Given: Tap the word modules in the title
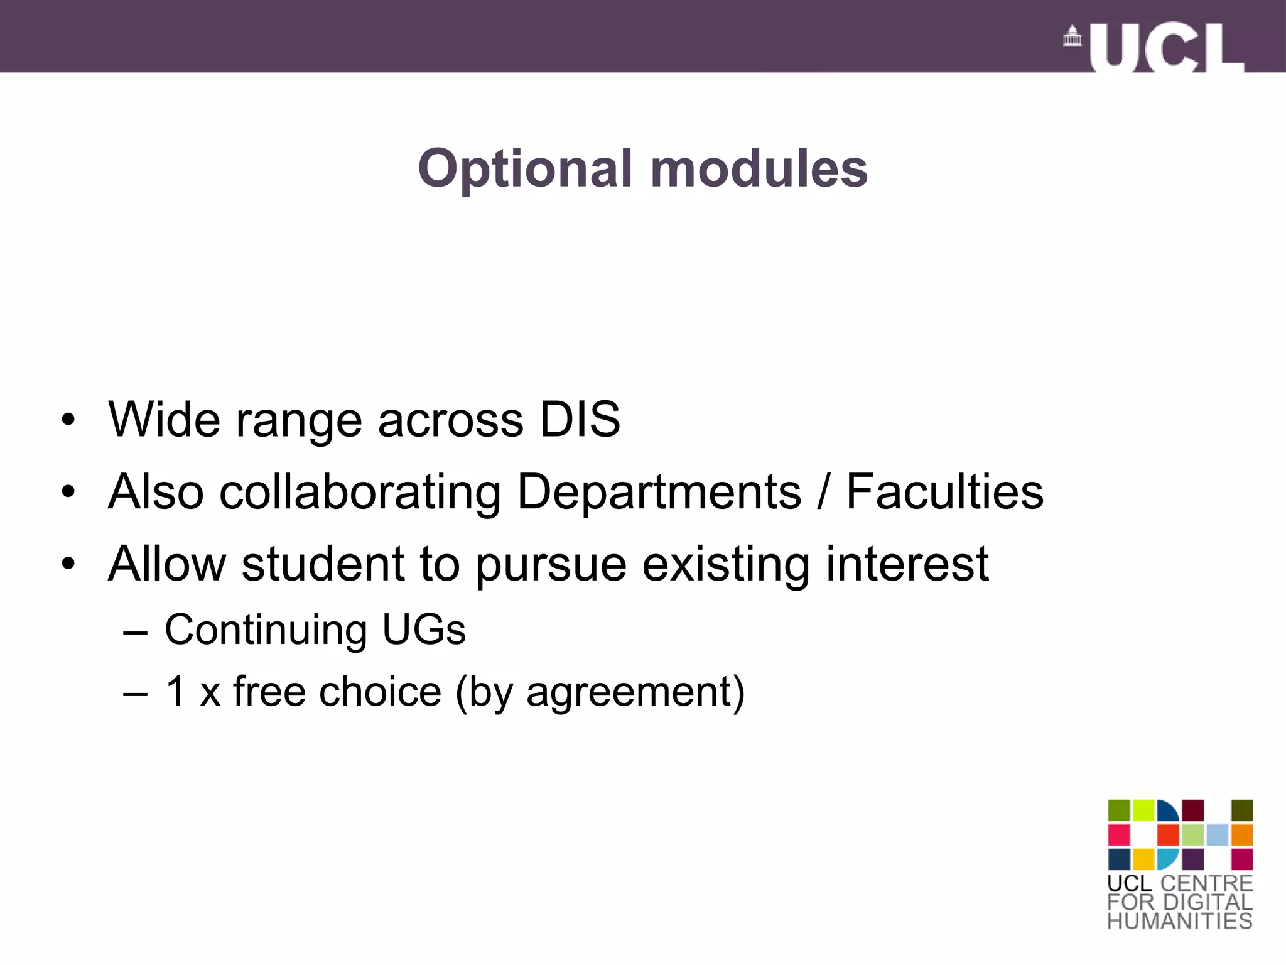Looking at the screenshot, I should coord(759,169).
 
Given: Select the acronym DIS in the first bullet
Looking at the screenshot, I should coord(580,420).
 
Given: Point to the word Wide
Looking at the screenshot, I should coord(165,420).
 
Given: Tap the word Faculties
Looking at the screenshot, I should coord(944,491).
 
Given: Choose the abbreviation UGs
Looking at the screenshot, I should coord(424,630).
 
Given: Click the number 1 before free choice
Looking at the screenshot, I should coord(176,691).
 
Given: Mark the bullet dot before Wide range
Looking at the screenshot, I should coord(68,420).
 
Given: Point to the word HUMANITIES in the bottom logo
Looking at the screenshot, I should coord(1180,921).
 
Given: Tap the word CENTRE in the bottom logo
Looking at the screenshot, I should coord(1206,883).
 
